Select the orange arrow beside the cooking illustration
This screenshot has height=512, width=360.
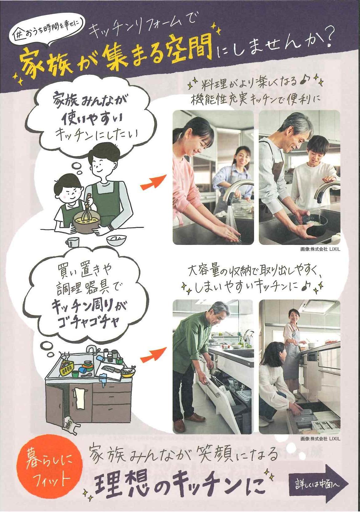coord(153,182)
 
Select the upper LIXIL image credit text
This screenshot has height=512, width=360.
coord(320,250)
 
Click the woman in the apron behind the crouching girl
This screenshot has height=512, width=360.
coord(291,340)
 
